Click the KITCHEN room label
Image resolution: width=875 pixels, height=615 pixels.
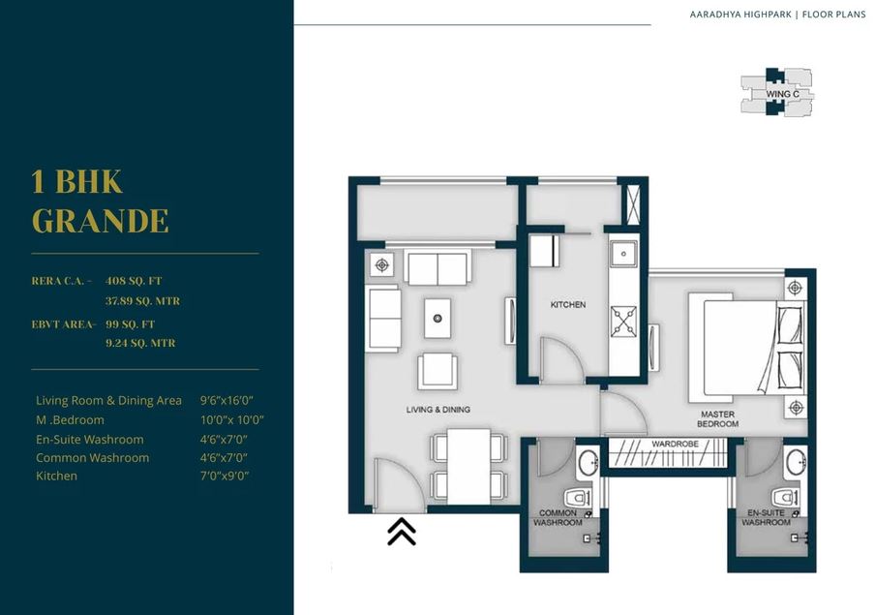(568, 304)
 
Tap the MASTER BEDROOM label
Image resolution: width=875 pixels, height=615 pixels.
(718, 419)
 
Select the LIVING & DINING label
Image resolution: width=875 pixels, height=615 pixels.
(437, 410)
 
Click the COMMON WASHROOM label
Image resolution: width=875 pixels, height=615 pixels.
(558, 517)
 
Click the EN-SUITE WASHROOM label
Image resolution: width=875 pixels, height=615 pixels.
(766, 517)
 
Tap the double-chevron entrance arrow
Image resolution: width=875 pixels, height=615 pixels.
(402, 532)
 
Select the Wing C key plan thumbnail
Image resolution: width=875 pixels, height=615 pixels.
(776, 93)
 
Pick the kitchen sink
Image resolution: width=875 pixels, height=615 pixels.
(623, 254)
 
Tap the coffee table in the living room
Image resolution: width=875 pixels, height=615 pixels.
(437, 318)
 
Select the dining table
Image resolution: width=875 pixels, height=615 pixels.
(468, 465)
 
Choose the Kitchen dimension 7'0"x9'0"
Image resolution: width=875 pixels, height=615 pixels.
(225, 476)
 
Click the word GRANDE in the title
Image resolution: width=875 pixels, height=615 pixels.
(101, 221)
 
